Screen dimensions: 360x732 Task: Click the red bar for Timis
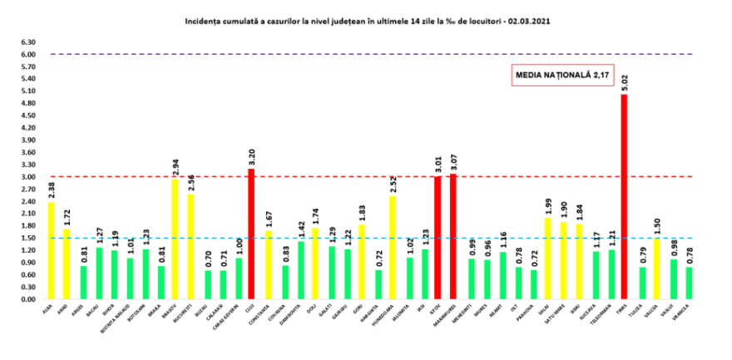point(624,197)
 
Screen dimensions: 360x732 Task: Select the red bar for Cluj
point(250,234)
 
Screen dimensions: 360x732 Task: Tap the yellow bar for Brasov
point(176,239)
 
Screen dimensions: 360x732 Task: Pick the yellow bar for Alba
point(52,250)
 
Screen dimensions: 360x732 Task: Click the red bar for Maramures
point(453,236)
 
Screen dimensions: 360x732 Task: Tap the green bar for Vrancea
point(689,283)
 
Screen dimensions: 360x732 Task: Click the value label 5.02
point(624,83)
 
